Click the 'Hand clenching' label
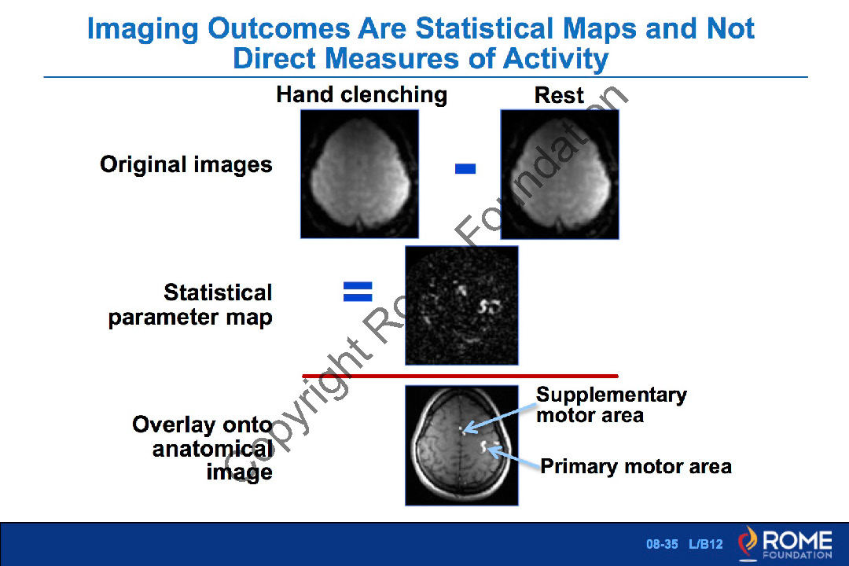362,95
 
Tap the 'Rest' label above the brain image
559,95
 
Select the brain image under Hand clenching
359,174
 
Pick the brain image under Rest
560,174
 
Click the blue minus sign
465,169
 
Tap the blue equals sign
358,292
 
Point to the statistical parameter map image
462,306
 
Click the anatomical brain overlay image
462,446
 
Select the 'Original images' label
186,164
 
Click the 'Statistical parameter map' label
190,305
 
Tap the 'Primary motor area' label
636,466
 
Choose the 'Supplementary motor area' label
612,405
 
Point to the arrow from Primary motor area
514,458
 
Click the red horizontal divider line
460,375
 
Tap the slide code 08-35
662,544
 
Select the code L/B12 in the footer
705,544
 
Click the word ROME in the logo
797,540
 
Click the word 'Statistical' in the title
484,28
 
